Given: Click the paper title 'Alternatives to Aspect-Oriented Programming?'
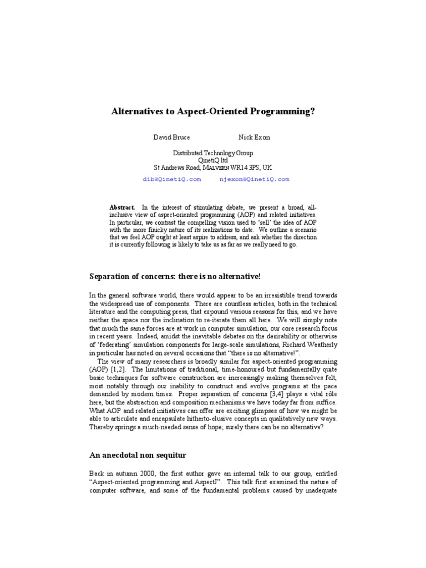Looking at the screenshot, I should (213, 111).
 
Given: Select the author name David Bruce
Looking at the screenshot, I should (171, 137).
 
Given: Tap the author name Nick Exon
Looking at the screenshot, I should (255, 137).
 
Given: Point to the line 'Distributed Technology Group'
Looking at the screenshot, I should (213, 153).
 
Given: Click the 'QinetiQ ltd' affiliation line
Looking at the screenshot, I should (213, 160).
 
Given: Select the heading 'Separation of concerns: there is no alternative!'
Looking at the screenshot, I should (175, 276).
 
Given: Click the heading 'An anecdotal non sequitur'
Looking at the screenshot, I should (138, 455).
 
